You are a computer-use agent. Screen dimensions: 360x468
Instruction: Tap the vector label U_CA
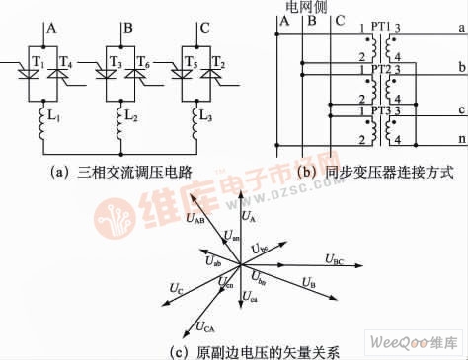click(205, 325)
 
